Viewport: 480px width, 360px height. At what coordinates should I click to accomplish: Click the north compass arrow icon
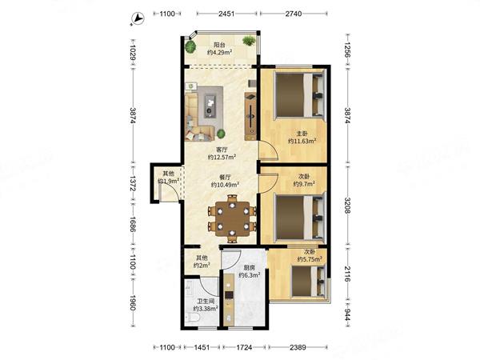click(x=138, y=18)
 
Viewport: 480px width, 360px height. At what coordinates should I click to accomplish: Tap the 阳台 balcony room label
click(x=219, y=45)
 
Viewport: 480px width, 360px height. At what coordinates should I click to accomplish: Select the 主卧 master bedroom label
click(x=302, y=134)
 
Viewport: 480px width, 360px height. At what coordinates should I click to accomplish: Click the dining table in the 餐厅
click(x=232, y=218)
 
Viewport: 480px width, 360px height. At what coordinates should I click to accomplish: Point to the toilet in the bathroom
click(x=193, y=318)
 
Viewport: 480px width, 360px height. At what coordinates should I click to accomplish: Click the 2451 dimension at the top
click(x=226, y=14)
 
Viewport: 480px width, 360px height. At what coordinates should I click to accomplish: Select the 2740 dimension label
click(x=294, y=14)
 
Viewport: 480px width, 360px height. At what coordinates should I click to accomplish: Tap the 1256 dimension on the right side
click(x=347, y=50)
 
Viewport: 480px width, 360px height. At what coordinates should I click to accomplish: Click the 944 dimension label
click(x=347, y=314)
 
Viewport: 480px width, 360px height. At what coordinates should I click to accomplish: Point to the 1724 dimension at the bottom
click(x=244, y=347)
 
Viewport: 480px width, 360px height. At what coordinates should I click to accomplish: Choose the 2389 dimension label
click(x=298, y=347)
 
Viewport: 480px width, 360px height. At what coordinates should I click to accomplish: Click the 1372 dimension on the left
click(x=133, y=183)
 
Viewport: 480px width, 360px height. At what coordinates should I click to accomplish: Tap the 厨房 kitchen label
click(x=250, y=267)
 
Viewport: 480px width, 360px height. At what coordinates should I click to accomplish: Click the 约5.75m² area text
click(x=310, y=259)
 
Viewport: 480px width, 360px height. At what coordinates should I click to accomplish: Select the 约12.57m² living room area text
click(x=222, y=157)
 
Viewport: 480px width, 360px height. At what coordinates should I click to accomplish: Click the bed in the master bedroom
click(x=299, y=94)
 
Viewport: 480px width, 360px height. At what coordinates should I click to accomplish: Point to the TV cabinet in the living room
click(x=250, y=116)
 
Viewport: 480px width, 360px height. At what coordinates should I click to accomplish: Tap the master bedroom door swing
click(x=269, y=150)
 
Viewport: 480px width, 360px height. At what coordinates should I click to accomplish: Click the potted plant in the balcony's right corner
click(x=249, y=41)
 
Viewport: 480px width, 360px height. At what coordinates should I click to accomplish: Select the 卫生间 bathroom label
click(x=206, y=302)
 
